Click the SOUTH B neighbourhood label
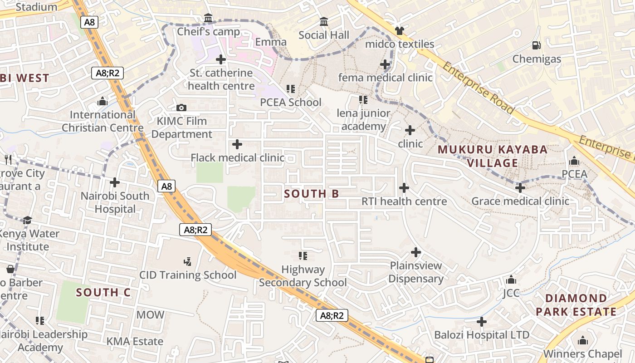[311, 194]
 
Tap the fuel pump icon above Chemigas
[536, 45]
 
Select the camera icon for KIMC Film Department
[181, 108]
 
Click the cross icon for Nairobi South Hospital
[115, 182]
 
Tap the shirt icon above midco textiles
[399, 31]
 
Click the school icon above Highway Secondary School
[303, 256]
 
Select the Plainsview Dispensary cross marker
[415, 252]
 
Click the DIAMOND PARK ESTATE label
[576, 305]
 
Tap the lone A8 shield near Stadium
[89, 22]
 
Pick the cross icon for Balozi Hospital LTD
[482, 322]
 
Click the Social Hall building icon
[324, 22]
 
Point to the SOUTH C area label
[103, 293]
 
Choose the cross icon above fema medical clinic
[385, 64]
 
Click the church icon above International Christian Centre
[103, 101]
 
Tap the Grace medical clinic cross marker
[520, 188]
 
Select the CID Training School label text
[188, 275]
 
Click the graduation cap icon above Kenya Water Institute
[27, 221]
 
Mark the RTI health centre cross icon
[404, 188]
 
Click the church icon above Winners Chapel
[583, 340]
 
